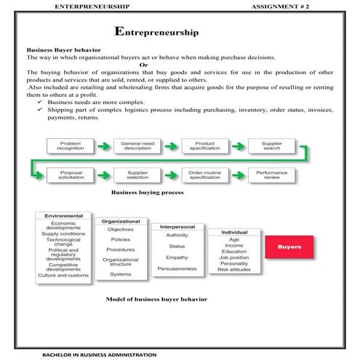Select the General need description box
pyautogui.click(x=137, y=146)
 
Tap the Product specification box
pyautogui.click(x=204, y=146)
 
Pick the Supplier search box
pyautogui.click(x=272, y=146)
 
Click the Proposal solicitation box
pyautogui.click(x=71, y=175)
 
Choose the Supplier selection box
pyautogui.click(x=137, y=175)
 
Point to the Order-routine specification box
pyautogui.click(x=204, y=175)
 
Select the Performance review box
pyautogui.click(x=272, y=175)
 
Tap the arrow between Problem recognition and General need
pyautogui.click(x=104, y=146)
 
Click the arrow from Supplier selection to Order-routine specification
pyautogui.click(x=171, y=175)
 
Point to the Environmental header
pyautogui.click(x=64, y=216)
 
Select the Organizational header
pyautogui.click(x=121, y=220)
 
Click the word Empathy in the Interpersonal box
pyautogui.click(x=177, y=257)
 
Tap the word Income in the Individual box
pyautogui.click(x=234, y=245)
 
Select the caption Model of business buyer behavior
pyautogui.click(x=156, y=299)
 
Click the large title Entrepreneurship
pyautogui.click(x=159, y=32)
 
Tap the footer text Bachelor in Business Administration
pyautogui.click(x=90, y=354)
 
